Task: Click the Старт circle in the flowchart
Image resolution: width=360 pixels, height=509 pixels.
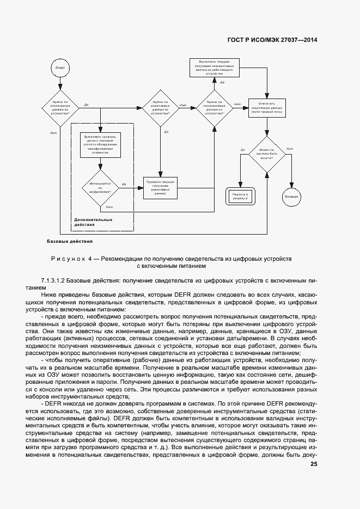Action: click(x=60, y=68)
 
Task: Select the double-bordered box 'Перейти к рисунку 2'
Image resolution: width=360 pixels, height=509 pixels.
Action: click(x=240, y=197)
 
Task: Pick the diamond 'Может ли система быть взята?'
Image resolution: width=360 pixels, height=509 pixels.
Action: click(x=266, y=155)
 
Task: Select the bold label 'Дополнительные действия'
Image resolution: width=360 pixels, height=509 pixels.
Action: click(x=93, y=222)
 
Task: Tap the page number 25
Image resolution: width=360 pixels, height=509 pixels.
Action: click(x=314, y=464)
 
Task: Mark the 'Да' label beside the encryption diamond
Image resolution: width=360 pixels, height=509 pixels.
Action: click(x=124, y=184)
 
